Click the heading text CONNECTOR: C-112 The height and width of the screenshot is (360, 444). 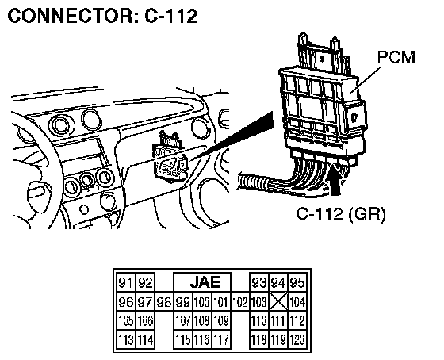click(102, 16)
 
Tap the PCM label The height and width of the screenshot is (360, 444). click(396, 57)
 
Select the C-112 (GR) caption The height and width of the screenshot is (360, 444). click(341, 213)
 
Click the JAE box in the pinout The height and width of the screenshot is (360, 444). click(202, 281)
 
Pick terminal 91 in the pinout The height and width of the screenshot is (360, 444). click(126, 282)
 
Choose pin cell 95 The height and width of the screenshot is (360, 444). click(297, 282)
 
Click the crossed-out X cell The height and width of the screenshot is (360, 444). click(278, 301)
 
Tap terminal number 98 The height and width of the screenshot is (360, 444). click(164, 301)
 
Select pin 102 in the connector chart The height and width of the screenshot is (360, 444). click(240, 301)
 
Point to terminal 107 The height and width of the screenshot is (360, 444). click(183, 320)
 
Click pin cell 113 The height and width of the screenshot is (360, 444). click(126, 339)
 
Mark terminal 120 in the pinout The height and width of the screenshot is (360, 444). click(297, 339)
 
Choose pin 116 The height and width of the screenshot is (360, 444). click(202, 339)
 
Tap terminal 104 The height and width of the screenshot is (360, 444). click(297, 301)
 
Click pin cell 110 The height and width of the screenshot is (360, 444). click(259, 320)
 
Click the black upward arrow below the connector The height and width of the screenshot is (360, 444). click(336, 182)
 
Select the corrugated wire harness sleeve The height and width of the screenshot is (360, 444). click(254, 182)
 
